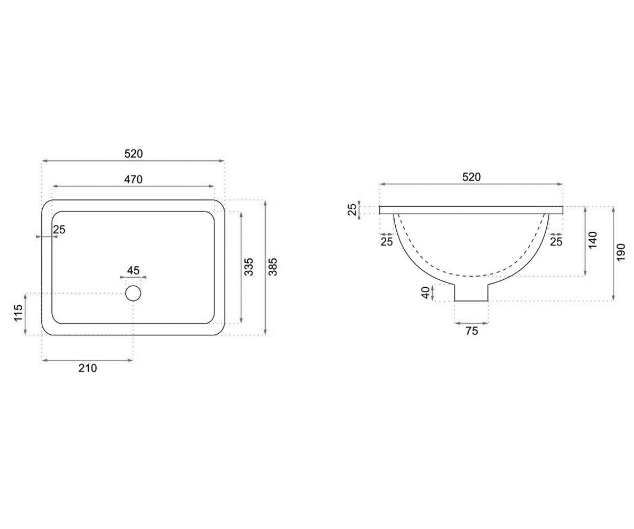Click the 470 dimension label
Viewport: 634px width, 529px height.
[x=133, y=179]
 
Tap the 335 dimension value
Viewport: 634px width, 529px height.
[x=249, y=267]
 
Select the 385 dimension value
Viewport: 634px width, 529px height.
[x=273, y=267]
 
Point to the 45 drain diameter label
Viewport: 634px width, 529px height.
[x=133, y=270]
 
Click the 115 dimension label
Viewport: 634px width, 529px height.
[x=18, y=312]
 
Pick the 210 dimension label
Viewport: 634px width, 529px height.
[x=88, y=368]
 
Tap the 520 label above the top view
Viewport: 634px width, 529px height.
[x=133, y=154]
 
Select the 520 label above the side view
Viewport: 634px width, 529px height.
[x=471, y=177]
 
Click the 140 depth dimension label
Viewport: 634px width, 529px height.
[x=592, y=240]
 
